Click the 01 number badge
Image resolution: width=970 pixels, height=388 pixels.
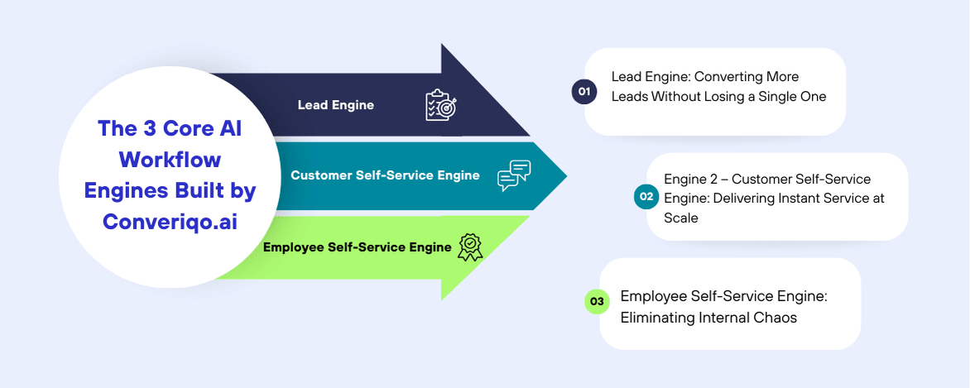(584, 91)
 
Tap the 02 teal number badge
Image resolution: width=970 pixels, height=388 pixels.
(646, 197)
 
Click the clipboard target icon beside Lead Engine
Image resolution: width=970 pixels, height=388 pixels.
(440, 105)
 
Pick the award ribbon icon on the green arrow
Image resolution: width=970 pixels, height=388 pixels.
(470, 247)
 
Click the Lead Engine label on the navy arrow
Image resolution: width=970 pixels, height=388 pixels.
(336, 105)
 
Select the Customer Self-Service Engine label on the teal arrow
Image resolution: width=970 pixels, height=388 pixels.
(385, 175)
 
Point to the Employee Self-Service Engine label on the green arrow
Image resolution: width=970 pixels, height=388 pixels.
(357, 247)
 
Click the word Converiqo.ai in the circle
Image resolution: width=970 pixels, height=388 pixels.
(170, 222)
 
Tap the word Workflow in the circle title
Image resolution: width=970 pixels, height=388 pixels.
(170, 159)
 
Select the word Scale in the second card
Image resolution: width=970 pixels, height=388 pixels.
(681, 218)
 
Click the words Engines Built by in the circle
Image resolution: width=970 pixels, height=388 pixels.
(170, 190)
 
